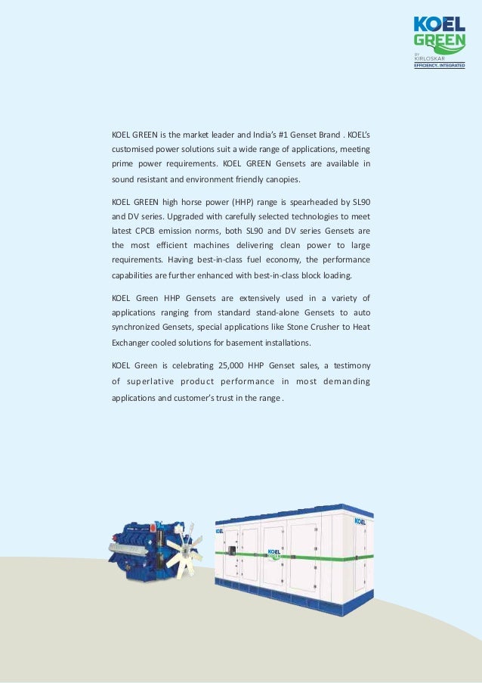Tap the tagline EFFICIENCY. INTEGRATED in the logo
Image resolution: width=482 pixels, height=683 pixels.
[x=437, y=65]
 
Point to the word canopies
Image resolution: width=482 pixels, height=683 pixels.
[x=280, y=180]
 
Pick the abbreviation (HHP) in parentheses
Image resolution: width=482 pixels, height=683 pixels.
[x=224, y=201]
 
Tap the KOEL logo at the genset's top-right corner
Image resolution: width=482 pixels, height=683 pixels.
[x=361, y=521]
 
